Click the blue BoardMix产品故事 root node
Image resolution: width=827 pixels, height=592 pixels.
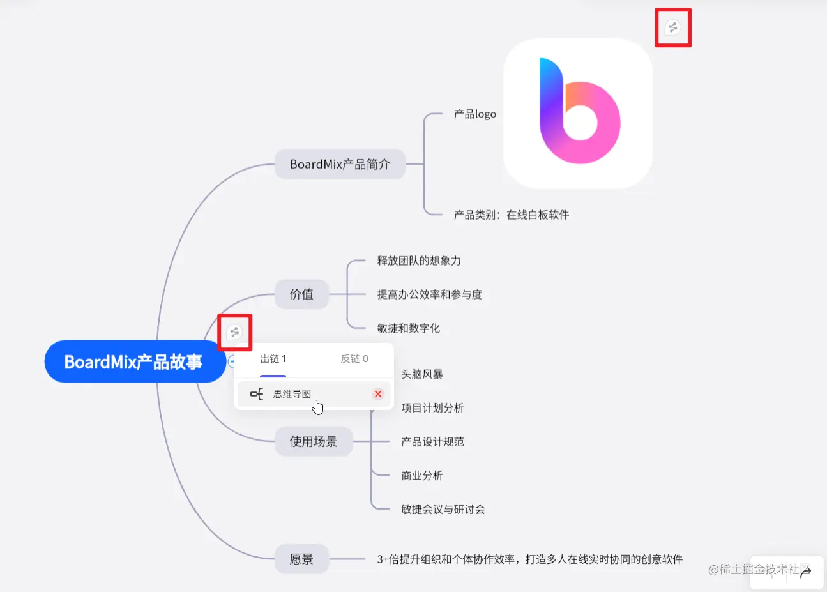134,362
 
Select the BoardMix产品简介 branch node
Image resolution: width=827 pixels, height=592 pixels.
340,164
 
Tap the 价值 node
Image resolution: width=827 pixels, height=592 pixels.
301,294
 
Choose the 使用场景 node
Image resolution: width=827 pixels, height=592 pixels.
313,441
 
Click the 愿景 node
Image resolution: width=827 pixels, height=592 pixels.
301,559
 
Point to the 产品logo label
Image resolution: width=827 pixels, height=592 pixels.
474,114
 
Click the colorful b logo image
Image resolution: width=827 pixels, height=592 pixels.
578,113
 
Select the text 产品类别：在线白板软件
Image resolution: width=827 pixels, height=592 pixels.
511,215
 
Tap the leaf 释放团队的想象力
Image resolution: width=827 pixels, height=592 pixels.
419,261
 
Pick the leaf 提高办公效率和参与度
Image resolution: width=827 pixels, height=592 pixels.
429,294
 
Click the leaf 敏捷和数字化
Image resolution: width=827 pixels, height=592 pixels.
408,328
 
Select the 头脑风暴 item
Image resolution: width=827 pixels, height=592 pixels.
421,374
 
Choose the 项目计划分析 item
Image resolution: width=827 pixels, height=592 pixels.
432,408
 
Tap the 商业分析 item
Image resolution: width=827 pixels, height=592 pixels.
421,476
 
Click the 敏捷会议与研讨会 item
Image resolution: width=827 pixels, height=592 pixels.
443,510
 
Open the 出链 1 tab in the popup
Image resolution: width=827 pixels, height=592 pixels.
273,359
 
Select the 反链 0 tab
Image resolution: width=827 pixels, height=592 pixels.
354,359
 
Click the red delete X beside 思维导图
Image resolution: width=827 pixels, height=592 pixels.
378,394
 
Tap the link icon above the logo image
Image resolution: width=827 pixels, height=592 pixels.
672,27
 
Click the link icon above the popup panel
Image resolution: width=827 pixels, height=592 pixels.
234,332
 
